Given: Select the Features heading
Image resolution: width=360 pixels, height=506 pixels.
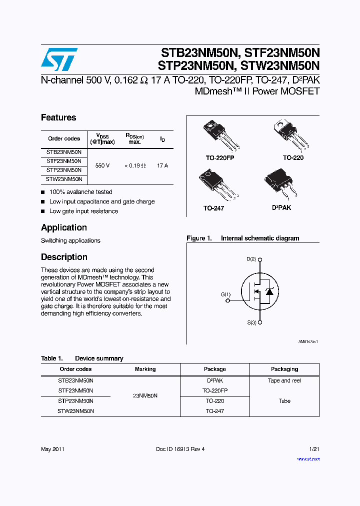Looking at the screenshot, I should coord(58,117).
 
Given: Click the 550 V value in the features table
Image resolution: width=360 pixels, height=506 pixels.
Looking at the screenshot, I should coord(102,165).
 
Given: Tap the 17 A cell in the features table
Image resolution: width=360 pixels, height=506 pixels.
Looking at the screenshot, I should coord(162,165).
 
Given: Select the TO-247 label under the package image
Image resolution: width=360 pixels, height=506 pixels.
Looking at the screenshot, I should coord(213,208).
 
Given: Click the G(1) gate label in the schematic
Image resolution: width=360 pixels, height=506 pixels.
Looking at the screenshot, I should coord(226,295).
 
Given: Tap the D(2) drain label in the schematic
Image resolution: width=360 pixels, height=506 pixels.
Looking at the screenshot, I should coord(251,259).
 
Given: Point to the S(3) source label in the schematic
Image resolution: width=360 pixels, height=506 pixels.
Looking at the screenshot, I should coord(251,322).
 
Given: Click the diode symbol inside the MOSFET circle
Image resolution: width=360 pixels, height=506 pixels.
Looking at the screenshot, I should coord(268,291).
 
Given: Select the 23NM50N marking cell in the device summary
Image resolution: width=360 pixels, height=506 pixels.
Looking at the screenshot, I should coord(145,395).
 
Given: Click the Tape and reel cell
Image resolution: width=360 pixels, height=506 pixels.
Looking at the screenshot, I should coord(284,380).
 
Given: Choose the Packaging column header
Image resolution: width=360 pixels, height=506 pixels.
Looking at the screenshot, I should coord(284,369).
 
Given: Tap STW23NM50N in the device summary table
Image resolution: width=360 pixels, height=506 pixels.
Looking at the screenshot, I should coord(75,411).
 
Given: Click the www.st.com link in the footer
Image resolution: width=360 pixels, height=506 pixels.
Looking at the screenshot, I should coord(308,458).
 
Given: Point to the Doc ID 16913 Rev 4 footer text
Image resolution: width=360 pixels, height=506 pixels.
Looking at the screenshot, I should coord(180,449).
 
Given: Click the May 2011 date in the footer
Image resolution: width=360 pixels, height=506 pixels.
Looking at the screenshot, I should coord(52,449).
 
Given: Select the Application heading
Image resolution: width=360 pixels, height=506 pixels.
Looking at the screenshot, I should coord(64,227).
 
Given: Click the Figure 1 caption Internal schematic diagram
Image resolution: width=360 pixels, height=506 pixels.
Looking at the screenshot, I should coord(242,238).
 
